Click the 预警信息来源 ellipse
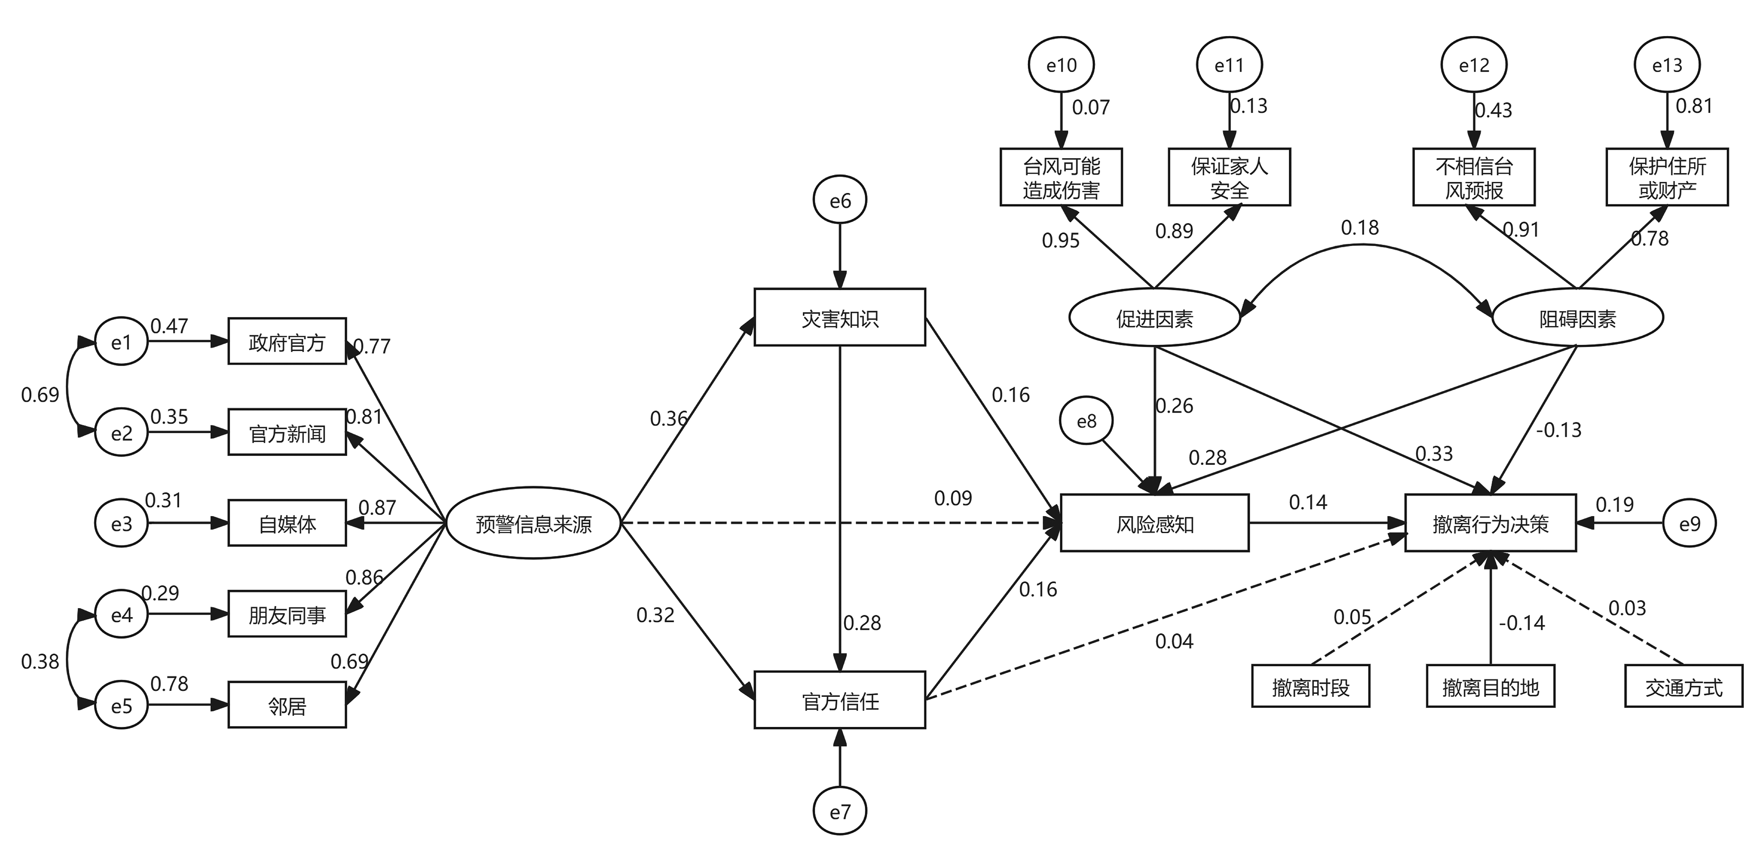click(x=533, y=523)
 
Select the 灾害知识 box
click(x=839, y=318)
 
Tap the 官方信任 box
click(x=839, y=700)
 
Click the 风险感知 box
click(x=1154, y=523)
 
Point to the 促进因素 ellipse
click(x=1154, y=318)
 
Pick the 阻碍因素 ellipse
click(x=1577, y=318)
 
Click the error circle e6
click(x=839, y=201)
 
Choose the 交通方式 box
click(x=1683, y=687)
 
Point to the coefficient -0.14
click(x=1522, y=623)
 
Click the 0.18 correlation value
click(x=1359, y=228)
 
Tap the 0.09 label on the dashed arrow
click(x=953, y=498)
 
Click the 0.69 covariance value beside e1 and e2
click(x=40, y=394)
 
